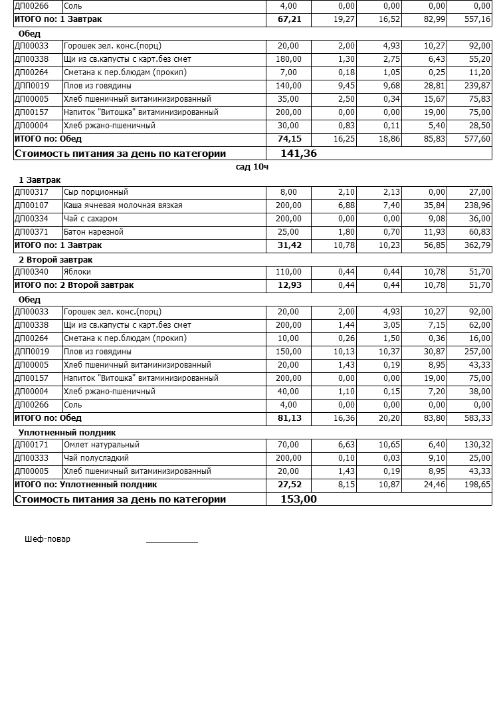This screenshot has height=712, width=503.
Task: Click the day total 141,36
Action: (298, 154)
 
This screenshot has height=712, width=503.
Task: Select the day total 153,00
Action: (298, 499)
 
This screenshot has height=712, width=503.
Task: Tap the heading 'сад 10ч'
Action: (252, 167)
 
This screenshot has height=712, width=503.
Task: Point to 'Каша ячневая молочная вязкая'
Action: (122, 205)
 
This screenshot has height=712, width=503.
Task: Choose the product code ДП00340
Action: (31, 272)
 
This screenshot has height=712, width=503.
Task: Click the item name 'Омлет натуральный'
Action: (102, 445)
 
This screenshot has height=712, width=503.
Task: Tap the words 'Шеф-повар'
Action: (47, 539)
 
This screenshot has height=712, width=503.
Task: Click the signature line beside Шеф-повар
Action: (171, 542)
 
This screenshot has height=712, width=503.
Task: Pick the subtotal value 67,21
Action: (289, 19)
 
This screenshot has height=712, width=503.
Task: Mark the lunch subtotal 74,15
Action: (289, 139)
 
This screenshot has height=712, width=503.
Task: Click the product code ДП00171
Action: (31, 445)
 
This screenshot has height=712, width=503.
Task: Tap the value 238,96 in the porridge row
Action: (477, 205)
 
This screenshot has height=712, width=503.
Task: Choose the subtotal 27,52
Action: (289, 485)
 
